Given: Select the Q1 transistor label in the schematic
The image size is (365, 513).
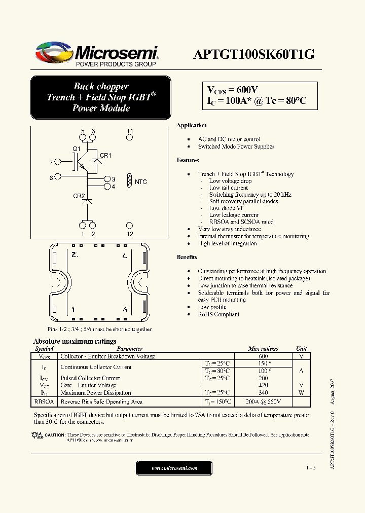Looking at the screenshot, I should (77, 149).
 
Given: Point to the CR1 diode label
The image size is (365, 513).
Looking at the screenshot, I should (105, 156).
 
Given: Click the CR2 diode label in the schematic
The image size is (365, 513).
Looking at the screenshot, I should (79, 196).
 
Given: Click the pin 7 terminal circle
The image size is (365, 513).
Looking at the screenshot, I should (58, 162).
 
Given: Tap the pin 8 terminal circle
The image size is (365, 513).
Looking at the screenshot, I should (58, 177).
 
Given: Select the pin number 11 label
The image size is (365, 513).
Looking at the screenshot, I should (130, 131).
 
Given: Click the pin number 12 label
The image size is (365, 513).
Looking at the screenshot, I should (130, 234).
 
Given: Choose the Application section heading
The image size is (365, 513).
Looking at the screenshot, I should (191, 125).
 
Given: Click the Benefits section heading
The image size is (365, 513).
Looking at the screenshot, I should (187, 257).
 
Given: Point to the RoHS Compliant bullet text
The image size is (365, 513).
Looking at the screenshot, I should (218, 314).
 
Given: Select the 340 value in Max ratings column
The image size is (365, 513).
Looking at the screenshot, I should (263, 393).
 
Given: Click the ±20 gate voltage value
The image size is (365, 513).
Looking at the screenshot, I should (263, 385).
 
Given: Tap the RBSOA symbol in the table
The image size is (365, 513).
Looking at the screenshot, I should (44, 402).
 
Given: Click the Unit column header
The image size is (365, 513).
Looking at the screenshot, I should (301, 349).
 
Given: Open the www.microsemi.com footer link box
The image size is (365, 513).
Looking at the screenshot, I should (174, 468).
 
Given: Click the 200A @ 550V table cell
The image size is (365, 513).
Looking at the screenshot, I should (263, 402).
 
